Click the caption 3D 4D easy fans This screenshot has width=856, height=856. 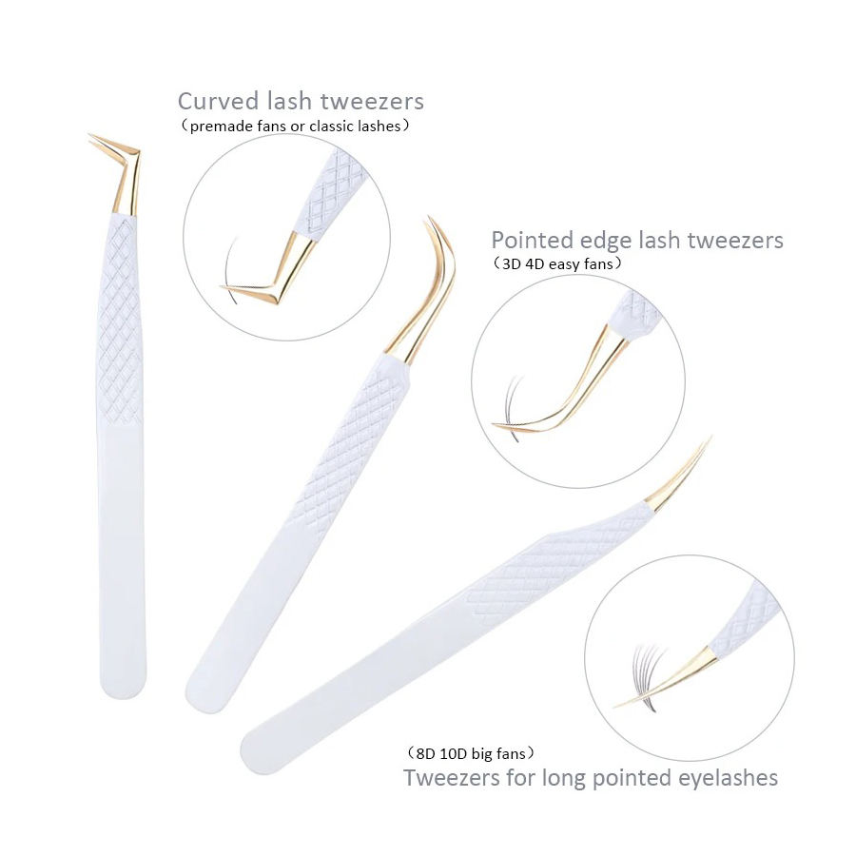(557, 263)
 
